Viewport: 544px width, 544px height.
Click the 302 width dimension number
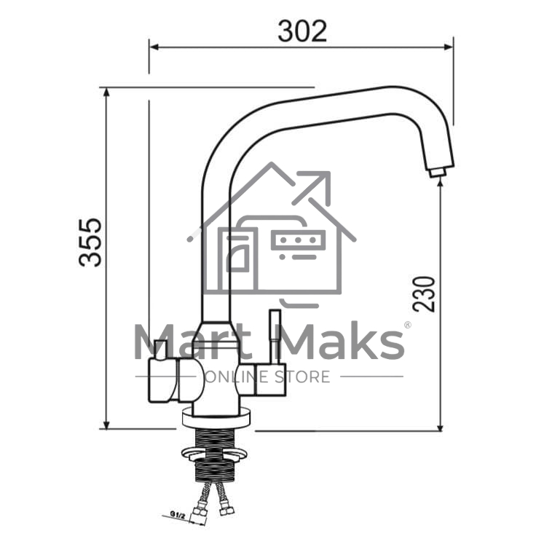coord(302,31)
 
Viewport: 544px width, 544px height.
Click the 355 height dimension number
coord(90,243)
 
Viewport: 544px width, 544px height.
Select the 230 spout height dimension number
coord(424,294)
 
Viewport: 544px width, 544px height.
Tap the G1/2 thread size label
coord(178,515)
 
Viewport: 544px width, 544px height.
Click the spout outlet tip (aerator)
coord(437,172)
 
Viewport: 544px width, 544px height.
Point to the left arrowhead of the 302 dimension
coord(154,47)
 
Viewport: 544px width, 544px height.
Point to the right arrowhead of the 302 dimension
coord(449,47)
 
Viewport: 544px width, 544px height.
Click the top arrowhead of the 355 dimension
coord(106,92)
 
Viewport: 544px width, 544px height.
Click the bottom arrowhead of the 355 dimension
coord(106,425)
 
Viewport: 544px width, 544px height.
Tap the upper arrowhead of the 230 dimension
coord(441,183)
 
